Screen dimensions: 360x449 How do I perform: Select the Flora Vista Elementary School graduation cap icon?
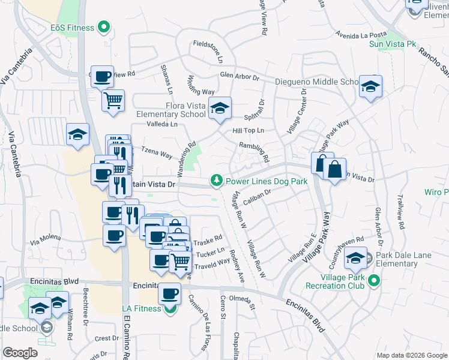pos(221,108)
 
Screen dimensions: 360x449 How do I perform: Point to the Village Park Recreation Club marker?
pos(374,280)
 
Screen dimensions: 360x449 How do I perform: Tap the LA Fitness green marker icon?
pos(170,308)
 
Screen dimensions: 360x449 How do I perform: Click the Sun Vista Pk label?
pos(393,44)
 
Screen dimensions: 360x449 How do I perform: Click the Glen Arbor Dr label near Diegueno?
pos(239,77)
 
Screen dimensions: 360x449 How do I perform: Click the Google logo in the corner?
pos(20,352)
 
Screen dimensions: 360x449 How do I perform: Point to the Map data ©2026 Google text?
pos(411,355)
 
